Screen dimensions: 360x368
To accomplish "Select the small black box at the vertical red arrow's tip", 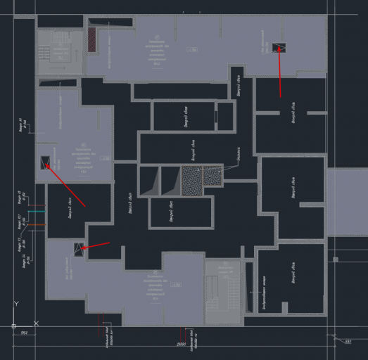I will [279, 47].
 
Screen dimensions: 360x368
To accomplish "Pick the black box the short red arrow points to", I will [78, 247].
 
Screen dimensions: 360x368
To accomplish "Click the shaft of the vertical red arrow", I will [280, 74].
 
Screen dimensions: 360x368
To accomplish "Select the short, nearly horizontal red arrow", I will [97, 245].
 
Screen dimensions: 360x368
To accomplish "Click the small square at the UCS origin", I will [13, 326].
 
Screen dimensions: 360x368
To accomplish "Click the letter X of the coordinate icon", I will [35, 325].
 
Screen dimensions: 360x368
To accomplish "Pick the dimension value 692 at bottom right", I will [348, 342].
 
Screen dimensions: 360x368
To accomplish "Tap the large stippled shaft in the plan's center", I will [192, 181].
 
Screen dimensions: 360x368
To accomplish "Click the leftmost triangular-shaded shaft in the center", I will [148, 181].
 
